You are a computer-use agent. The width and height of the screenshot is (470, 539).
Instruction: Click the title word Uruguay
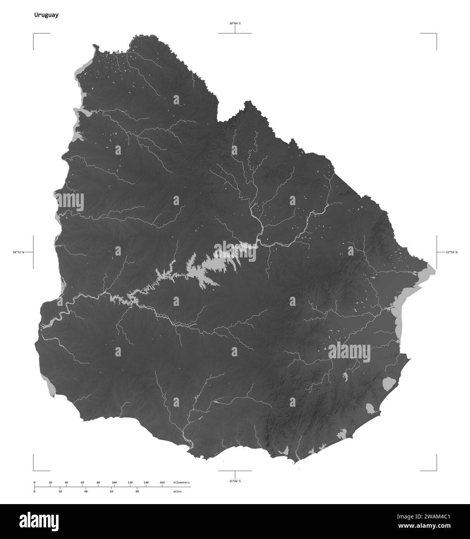(46, 15)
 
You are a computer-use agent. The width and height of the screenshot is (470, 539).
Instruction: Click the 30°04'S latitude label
(235, 23)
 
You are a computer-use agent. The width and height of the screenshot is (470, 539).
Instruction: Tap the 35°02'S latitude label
(235, 481)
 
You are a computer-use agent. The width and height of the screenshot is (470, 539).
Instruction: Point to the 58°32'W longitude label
(18, 252)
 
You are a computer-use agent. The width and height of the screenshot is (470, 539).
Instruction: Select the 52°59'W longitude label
(451, 252)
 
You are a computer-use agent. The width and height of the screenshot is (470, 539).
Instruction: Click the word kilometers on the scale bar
(181, 482)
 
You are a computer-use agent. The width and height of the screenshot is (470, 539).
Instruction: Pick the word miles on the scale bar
(177, 491)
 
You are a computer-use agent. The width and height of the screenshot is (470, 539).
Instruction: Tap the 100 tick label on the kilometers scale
(114, 482)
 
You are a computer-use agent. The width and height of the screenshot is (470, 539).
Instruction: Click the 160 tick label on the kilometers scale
(162, 482)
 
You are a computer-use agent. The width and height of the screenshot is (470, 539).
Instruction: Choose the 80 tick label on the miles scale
(137, 491)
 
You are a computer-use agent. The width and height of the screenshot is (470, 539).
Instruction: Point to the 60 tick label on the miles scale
(111, 491)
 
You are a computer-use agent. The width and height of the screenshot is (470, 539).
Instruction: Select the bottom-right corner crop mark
(436, 470)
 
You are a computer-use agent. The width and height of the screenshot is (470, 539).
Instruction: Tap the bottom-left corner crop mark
(34, 470)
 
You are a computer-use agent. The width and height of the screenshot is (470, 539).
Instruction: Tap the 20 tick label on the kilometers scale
(50, 482)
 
